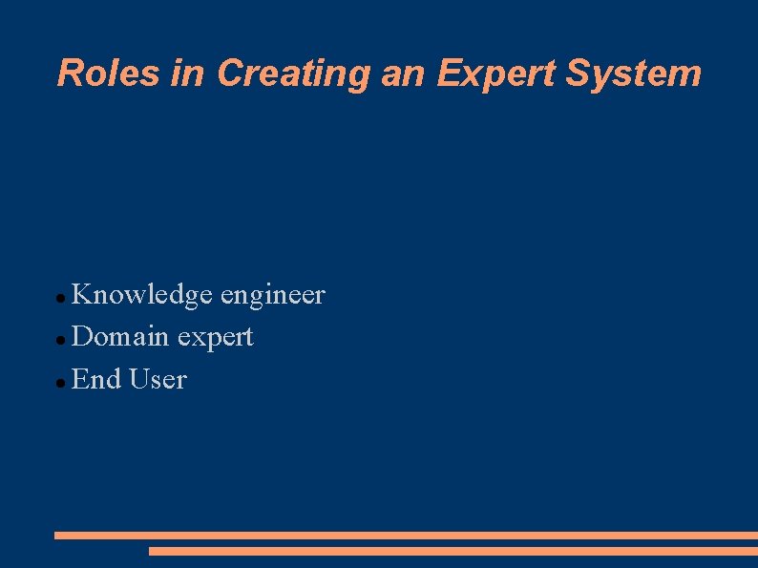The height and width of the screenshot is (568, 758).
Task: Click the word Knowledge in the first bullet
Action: click(x=142, y=295)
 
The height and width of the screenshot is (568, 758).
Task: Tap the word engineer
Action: click(x=272, y=296)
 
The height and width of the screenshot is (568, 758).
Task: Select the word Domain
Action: click(x=120, y=336)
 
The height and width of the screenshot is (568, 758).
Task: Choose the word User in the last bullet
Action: click(x=158, y=379)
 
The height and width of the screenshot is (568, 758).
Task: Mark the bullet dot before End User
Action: click(x=60, y=383)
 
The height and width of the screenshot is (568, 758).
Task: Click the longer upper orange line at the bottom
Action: click(x=406, y=536)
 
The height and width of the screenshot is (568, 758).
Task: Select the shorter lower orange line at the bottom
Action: click(x=453, y=551)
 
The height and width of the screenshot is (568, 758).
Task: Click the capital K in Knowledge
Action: click(x=82, y=294)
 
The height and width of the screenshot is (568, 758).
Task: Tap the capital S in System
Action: click(x=578, y=73)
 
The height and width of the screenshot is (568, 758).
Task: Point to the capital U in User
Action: click(x=138, y=379)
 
